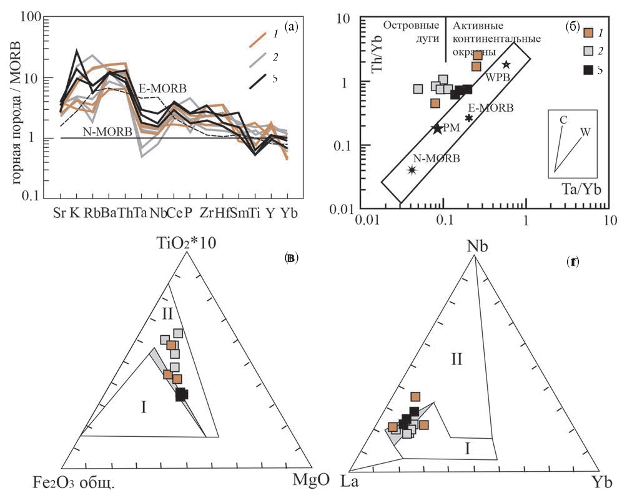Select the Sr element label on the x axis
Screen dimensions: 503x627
[60, 213]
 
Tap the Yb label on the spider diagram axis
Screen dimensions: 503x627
[289, 213]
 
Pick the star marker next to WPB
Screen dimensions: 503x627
[506, 65]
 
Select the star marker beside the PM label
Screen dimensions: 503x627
[437, 129]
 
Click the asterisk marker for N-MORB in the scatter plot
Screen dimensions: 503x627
[412, 170]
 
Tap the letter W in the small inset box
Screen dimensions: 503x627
[585, 132]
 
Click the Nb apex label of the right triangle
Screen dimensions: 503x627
[477, 245]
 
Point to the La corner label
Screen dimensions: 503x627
[350, 482]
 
